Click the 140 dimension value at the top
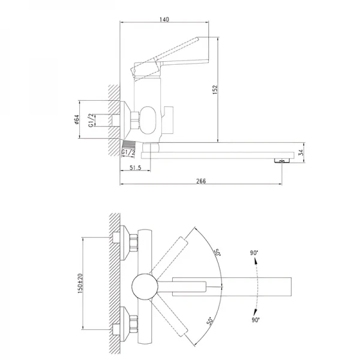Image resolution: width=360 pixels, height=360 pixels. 165,19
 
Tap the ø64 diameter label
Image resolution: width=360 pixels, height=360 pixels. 77,120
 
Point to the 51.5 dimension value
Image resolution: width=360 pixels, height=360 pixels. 134,169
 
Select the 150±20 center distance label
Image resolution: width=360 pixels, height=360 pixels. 79,282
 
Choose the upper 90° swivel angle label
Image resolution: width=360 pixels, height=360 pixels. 256,253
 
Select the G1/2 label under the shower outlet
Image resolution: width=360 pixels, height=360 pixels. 127,154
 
